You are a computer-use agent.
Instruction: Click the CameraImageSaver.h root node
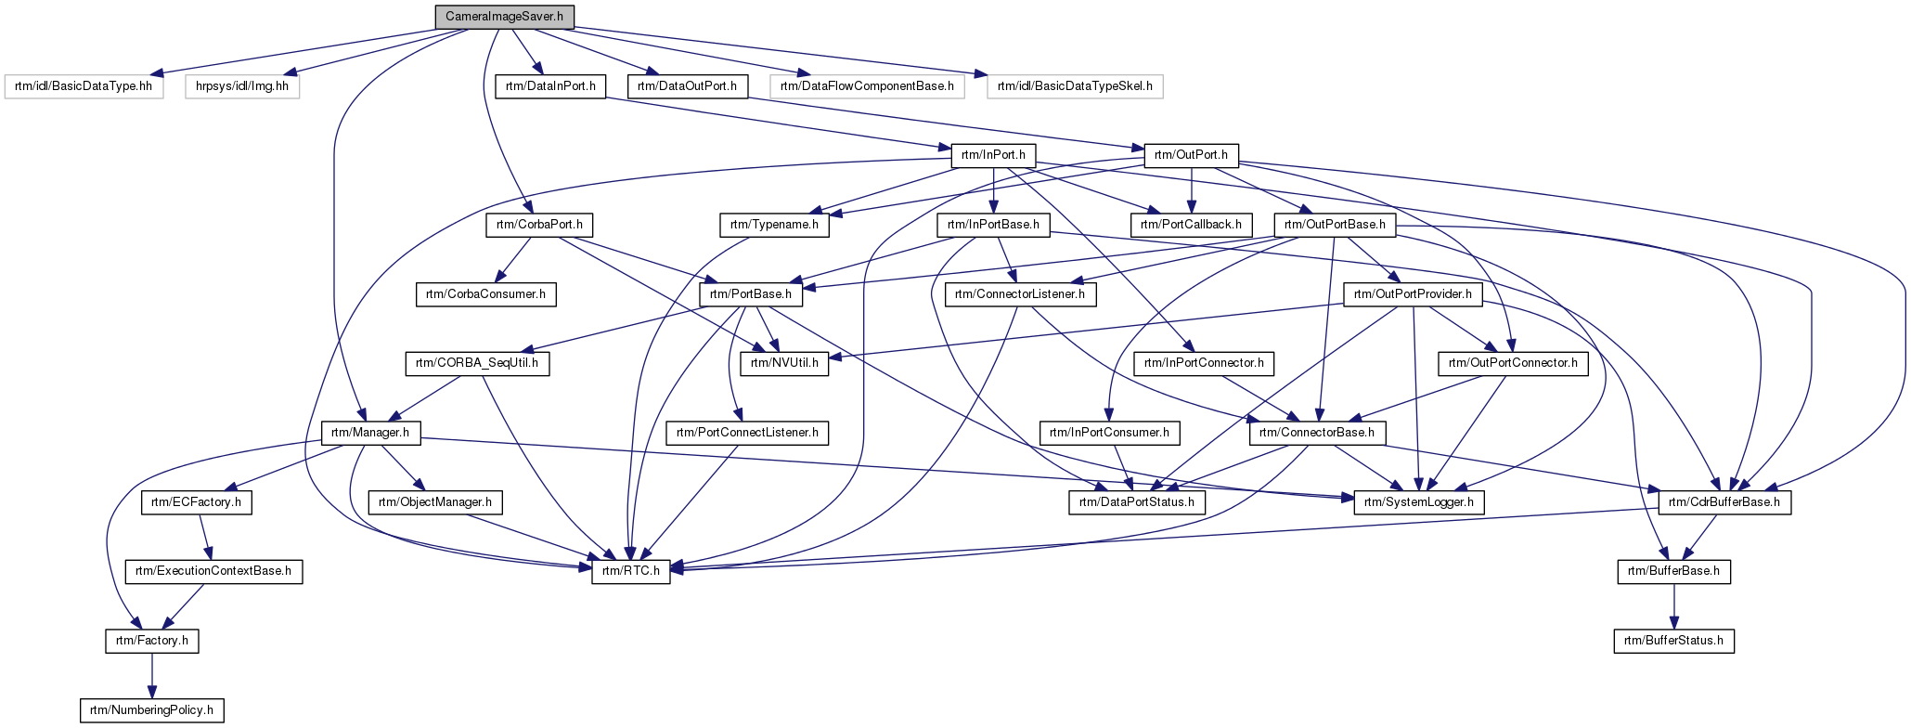click(x=505, y=17)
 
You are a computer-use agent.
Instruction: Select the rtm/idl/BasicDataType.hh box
click(x=84, y=86)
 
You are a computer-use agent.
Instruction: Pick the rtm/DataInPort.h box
click(x=550, y=86)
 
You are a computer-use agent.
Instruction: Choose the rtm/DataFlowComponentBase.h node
click(x=867, y=86)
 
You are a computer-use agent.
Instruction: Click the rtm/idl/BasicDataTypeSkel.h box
click(x=1075, y=86)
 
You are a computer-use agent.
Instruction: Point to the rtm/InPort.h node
click(x=993, y=155)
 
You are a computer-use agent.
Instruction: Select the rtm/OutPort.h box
click(x=1192, y=155)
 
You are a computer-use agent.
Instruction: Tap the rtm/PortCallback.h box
click(x=1192, y=225)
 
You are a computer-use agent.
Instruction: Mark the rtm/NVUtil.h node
click(x=784, y=363)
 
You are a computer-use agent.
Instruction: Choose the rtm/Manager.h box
click(x=370, y=433)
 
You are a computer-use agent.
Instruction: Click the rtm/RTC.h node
click(x=631, y=571)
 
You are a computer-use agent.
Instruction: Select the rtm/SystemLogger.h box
click(x=1419, y=502)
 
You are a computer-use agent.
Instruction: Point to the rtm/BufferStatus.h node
click(x=1673, y=641)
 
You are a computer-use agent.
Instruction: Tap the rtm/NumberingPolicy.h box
click(x=152, y=711)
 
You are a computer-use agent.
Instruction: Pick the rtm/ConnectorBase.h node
click(x=1317, y=433)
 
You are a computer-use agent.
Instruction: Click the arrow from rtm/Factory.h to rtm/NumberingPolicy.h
click(x=152, y=676)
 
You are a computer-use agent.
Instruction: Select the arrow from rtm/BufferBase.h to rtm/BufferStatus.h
click(x=1673, y=606)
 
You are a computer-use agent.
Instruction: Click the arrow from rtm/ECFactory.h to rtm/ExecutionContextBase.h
click(x=205, y=537)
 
